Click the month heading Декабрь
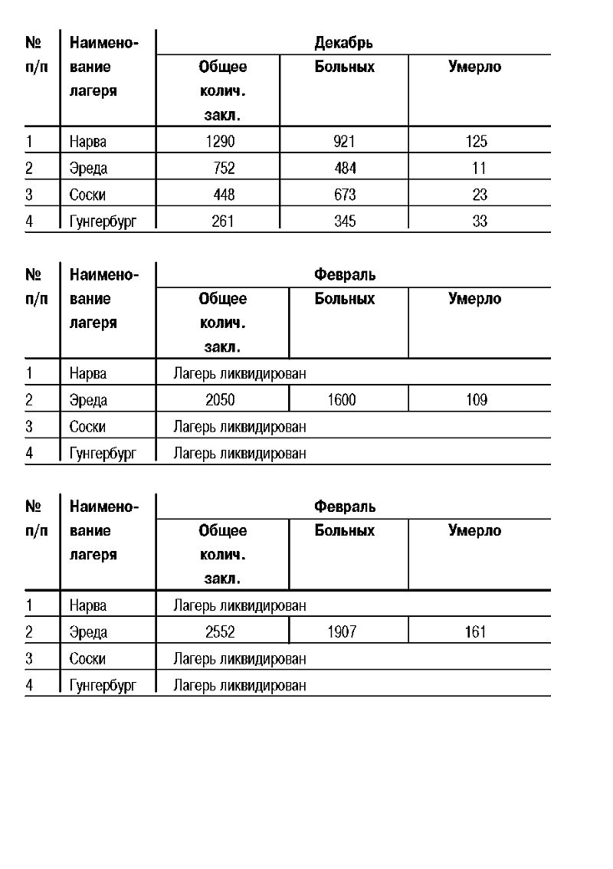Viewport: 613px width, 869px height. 344,43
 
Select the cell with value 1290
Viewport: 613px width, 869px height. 220,142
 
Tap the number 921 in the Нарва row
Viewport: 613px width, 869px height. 345,142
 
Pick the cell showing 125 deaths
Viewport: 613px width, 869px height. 476,142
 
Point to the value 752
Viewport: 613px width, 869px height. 224,169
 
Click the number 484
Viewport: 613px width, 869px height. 345,169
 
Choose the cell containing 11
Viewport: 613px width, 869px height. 479,169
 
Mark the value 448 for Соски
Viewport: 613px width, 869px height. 224,195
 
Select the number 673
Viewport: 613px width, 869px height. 345,195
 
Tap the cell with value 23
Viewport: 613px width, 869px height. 479,195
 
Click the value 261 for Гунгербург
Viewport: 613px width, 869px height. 223,221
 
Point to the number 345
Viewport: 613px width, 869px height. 345,221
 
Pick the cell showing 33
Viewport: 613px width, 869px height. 479,221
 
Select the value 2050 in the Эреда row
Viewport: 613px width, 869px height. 220,400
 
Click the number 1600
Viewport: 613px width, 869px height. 341,400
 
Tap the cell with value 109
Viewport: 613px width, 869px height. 476,400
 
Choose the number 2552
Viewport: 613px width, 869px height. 220,632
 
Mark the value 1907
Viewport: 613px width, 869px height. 341,632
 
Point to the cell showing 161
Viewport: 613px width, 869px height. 476,632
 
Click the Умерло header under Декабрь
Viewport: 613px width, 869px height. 474,67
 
